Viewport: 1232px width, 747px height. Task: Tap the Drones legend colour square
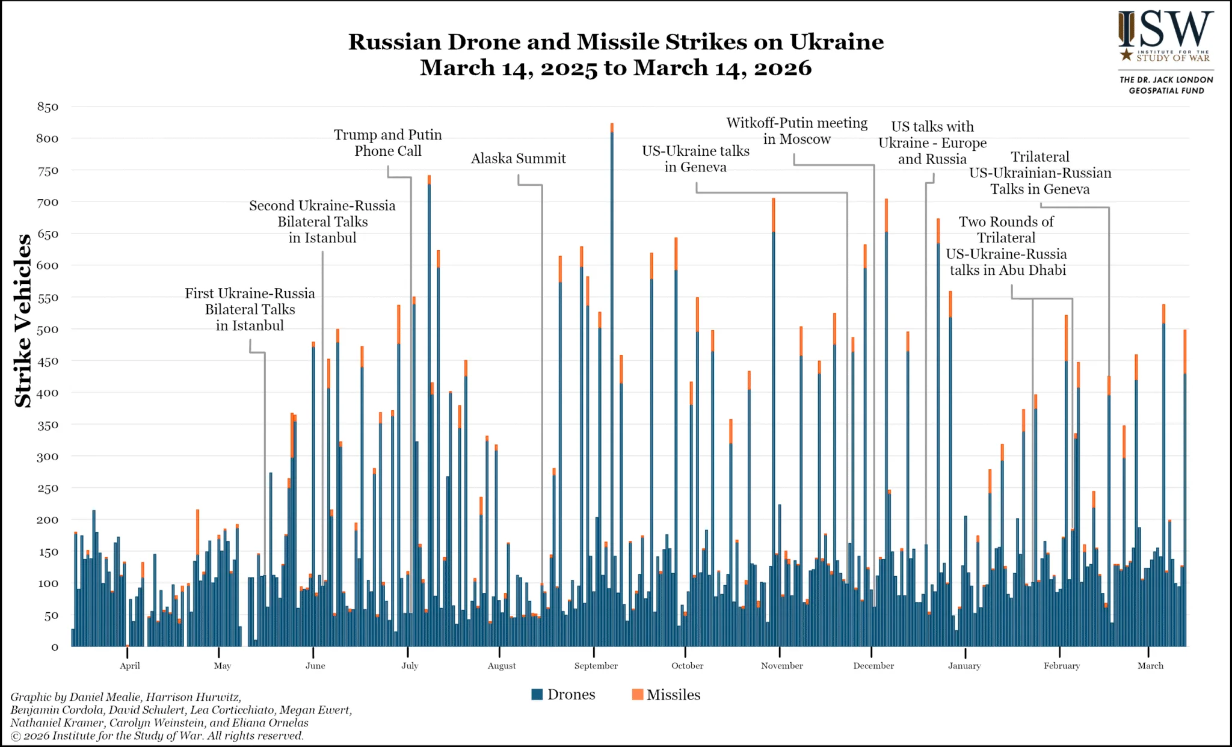pyautogui.click(x=537, y=695)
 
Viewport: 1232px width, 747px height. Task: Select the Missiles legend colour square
pyautogui.click(x=638, y=695)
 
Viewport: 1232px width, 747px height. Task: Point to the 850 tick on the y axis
pyautogui.click(x=48, y=107)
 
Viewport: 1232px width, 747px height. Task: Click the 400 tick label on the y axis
pyautogui.click(x=48, y=393)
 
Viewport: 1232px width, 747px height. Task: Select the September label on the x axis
pyautogui.click(x=596, y=666)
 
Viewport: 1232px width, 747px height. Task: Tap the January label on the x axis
pyautogui.click(x=964, y=666)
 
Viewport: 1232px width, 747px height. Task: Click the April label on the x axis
pyautogui.click(x=130, y=666)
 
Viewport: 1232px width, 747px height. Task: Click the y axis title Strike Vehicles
pyautogui.click(x=23, y=321)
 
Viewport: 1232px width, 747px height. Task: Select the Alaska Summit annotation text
pyautogui.click(x=518, y=159)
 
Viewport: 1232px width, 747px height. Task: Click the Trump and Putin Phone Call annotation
pyautogui.click(x=388, y=143)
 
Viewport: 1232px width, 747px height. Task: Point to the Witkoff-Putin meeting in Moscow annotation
pyautogui.click(x=796, y=131)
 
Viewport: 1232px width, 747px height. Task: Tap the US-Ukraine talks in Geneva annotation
pyautogui.click(x=695, y=159)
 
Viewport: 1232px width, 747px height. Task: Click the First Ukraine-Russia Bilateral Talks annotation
pyautogui.click(x=250, y=309)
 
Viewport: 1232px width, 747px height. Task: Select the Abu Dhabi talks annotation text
pyautogui.click(x=1006, y=246)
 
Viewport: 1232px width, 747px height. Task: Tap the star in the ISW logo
pyautogui.click(x=1126, y=55)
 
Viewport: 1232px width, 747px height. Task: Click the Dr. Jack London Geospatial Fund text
pyautogui.click(x=1166, y=85)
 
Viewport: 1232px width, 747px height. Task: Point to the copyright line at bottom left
pyautogui.click(x=157, y=736)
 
